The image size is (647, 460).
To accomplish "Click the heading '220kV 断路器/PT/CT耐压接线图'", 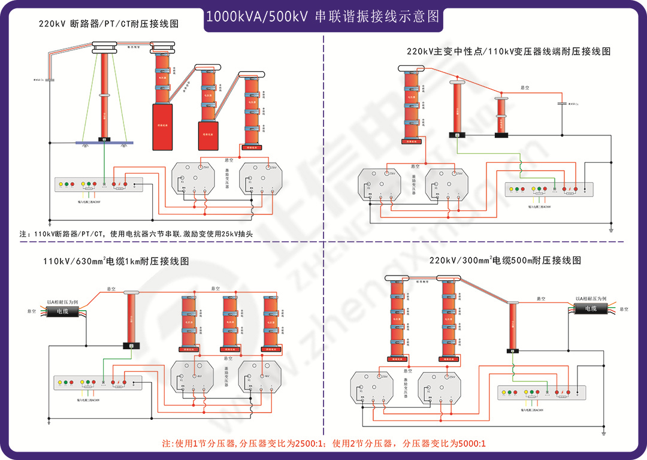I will tap(108, 24).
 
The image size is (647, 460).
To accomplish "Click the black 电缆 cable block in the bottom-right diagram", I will tap(591, 308).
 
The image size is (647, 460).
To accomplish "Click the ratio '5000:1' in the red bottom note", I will tap(471, 444).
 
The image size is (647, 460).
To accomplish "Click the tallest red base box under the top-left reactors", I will tap(161, 126).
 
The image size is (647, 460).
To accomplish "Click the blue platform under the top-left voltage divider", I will tap(104, 143).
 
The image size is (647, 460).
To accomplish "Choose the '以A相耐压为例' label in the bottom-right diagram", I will tap(591, 298).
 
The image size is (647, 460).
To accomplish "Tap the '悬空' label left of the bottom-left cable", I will tap(32, 311).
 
